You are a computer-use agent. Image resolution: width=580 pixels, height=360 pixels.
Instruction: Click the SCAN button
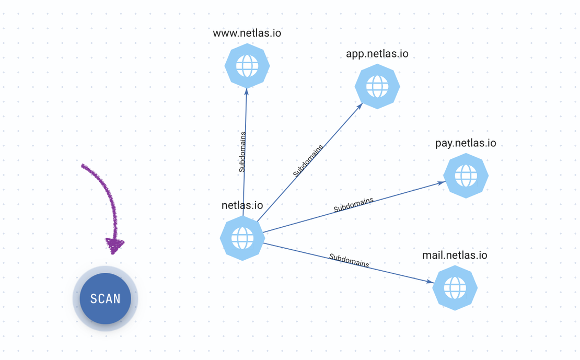(x=106, y=298)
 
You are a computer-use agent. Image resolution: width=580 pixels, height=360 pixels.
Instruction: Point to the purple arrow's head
(x=114, y=245)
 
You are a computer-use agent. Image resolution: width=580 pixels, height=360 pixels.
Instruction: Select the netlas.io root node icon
(x=242, y=238)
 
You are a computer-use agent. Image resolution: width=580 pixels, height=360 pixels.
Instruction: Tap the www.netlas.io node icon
(x=247, y=66)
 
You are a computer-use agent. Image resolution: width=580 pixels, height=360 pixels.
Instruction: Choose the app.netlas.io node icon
(x=377, y=86)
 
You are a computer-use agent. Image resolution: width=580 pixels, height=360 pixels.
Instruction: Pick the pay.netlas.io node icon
(x=466, y=176)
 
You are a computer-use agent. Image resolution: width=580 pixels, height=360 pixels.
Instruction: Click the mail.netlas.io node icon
(x=455, y=287)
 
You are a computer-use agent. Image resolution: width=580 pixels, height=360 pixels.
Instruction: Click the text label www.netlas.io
(x=247, y=33)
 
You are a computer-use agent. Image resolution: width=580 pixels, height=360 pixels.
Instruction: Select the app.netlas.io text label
(x=377, y=54)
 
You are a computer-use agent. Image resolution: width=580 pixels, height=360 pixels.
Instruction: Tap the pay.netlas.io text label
(x=466, y=143)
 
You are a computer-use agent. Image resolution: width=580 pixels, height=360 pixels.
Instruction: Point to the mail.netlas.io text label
(x=455, y=255)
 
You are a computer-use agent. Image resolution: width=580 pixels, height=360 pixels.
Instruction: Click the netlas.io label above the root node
(x=242, y=205)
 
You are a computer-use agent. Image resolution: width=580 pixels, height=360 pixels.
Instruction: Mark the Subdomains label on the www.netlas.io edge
(x=242, y=152)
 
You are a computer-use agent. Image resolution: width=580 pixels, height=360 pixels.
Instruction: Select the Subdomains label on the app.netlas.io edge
(x=308, y=161)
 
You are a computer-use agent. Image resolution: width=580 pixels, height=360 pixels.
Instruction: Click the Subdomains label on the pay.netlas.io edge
(x=354, y=205)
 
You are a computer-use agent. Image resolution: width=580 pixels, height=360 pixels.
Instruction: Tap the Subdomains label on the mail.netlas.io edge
(x=349, y=260)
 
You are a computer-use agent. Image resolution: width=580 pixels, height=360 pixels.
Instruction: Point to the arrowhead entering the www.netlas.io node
(x=247, y=91)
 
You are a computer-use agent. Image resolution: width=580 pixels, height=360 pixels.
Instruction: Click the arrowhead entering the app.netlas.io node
(x=360, y=106)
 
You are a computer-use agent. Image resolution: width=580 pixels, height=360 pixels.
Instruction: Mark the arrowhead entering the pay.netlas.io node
(x=442, y=183)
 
